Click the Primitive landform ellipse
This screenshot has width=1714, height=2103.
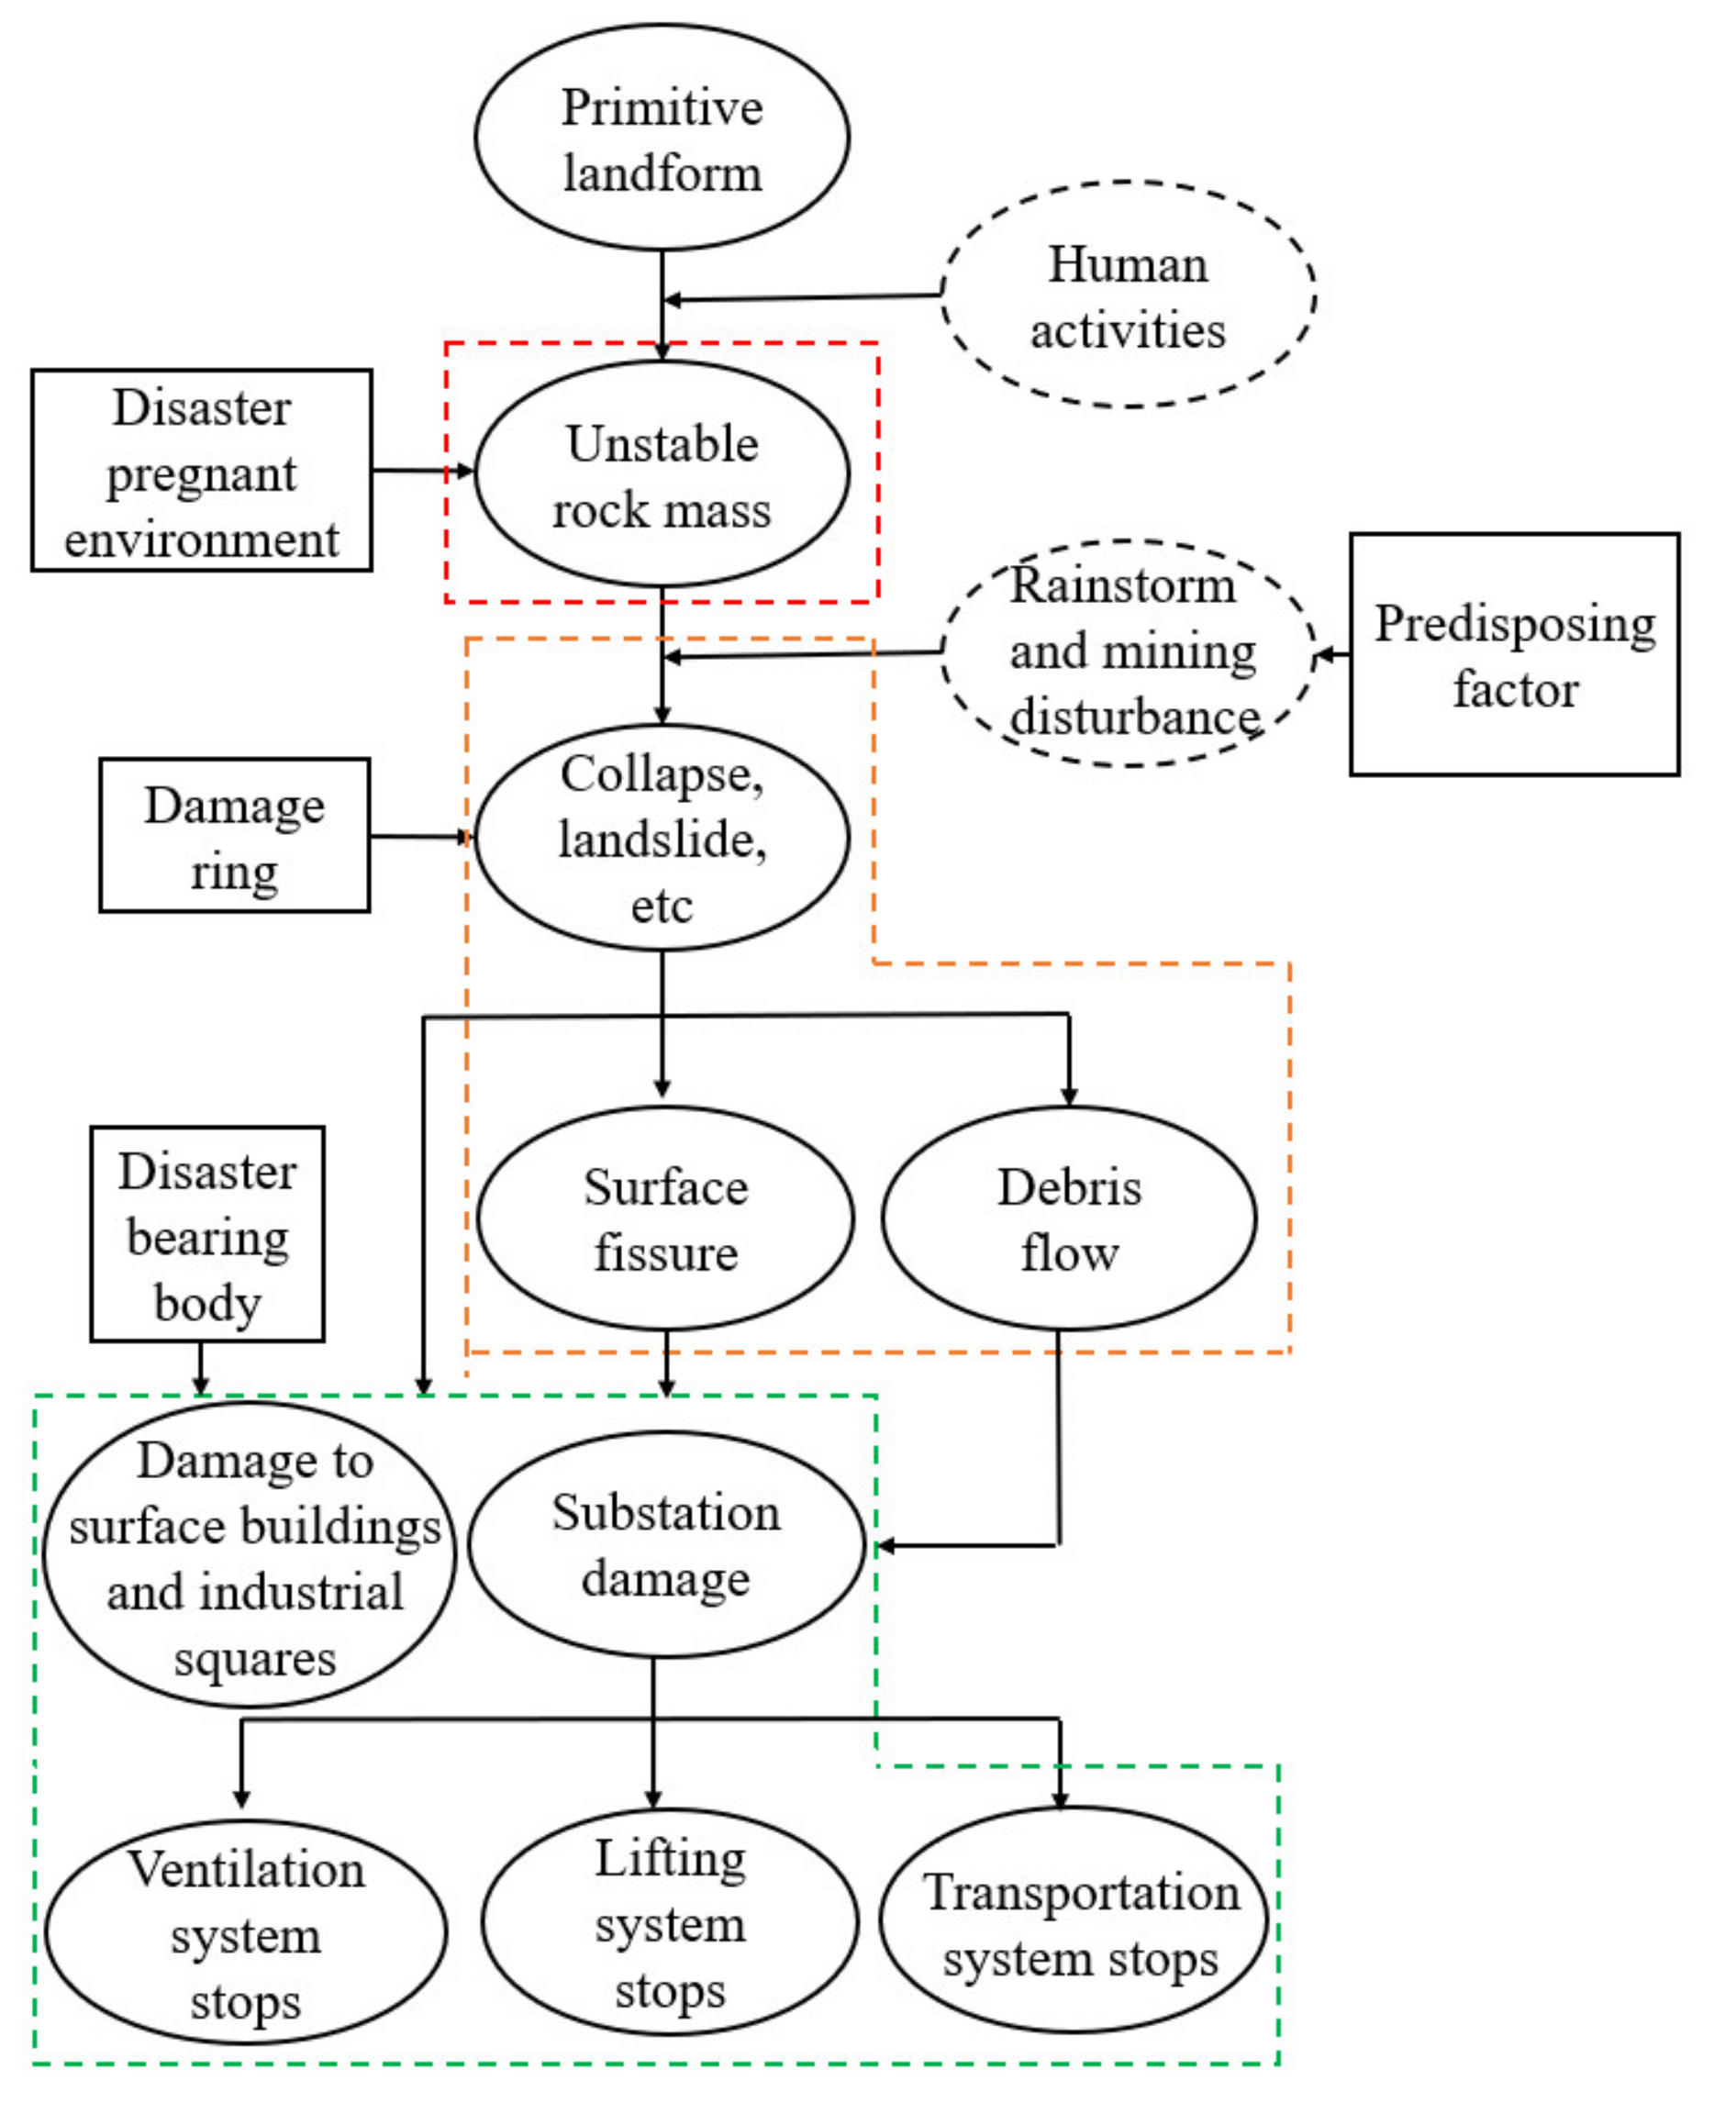[662, 139]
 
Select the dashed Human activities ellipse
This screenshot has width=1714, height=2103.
[1128, 295]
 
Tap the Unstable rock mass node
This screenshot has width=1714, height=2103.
[662, 475]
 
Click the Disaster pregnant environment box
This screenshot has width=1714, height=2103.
[202, 471]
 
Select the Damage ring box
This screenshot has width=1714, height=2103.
[235, 836]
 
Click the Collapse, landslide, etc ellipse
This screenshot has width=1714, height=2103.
[662, 840]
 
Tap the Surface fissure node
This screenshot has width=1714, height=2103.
[665, 1219]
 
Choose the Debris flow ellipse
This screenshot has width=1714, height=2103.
[1069, 1219]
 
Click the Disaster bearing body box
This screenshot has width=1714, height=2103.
[207, 1235]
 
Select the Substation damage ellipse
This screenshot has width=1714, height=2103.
[665, 1545]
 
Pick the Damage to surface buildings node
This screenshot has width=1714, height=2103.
[250, 1556]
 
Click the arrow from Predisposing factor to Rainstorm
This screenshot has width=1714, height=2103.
[1334, 654]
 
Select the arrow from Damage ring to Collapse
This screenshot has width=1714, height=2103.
[420, 837]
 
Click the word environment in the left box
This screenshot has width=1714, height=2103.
[202, 540]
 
